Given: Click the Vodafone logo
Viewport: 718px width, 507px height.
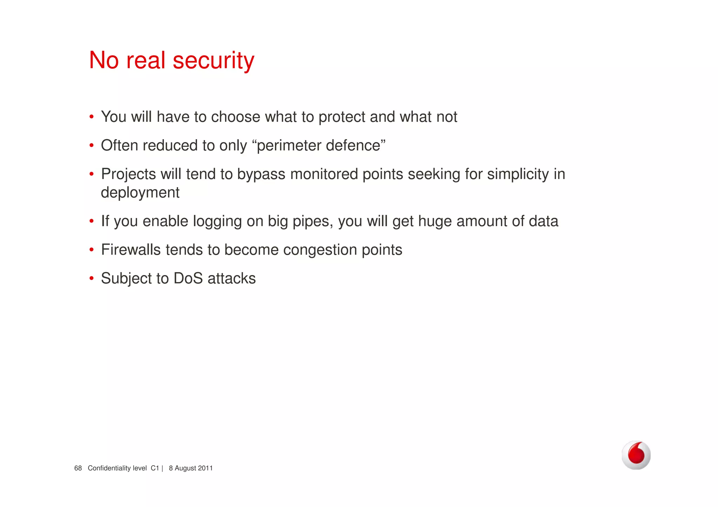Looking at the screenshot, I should [636, 455].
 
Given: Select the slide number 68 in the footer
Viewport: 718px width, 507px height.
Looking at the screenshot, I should [78, 468].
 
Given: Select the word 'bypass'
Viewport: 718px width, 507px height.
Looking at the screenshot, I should [261, 174].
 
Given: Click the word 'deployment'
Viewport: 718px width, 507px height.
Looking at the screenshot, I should [140, 193].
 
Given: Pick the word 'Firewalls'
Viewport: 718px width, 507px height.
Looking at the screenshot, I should [131, 250].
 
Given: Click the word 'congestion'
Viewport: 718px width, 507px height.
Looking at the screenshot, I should [320, 250].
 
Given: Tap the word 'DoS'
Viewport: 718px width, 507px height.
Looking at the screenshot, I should [188, 279].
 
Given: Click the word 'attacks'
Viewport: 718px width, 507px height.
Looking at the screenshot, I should [232, 279].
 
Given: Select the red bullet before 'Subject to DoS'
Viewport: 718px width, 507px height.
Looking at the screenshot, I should [92, 279].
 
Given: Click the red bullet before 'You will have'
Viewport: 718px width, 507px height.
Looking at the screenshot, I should [92, 117].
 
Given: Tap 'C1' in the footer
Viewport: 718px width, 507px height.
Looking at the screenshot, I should [155, 468].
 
